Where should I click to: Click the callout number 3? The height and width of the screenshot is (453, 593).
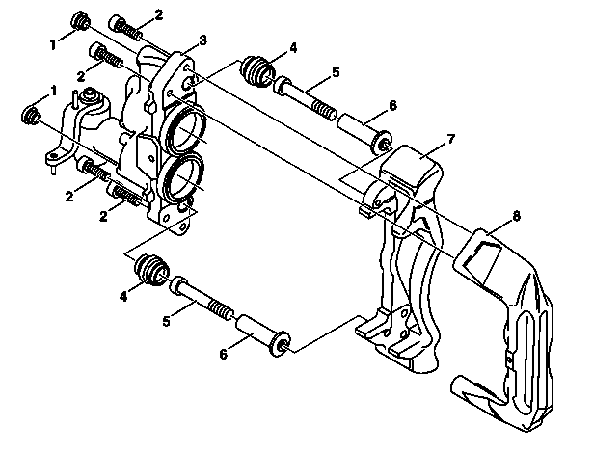pos(202,40)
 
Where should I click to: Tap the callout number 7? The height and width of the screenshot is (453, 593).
pos(450,139)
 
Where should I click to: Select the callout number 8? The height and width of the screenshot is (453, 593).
pos(517,216)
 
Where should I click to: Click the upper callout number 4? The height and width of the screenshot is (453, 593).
pos(293,48)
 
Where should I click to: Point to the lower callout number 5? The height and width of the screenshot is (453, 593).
pos(167,321)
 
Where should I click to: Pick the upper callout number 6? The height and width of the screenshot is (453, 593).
pos(392,105)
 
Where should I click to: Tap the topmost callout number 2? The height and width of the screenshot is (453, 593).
pos(159,15)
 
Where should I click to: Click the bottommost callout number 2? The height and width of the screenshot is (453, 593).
pos(103,216)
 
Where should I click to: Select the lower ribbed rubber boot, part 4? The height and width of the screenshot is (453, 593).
pos(152,271)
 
